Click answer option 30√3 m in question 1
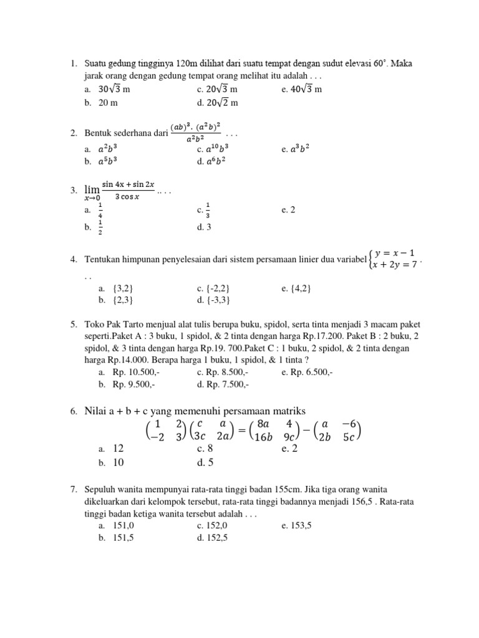coord(114,89)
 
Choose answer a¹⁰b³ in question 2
coord(217,150)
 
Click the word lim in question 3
coord(92,189)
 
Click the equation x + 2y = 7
coord(394,265)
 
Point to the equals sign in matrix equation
coord(241,430)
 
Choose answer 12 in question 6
coord(119,449)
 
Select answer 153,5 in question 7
coord(301,526)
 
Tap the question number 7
coord(73,490)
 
